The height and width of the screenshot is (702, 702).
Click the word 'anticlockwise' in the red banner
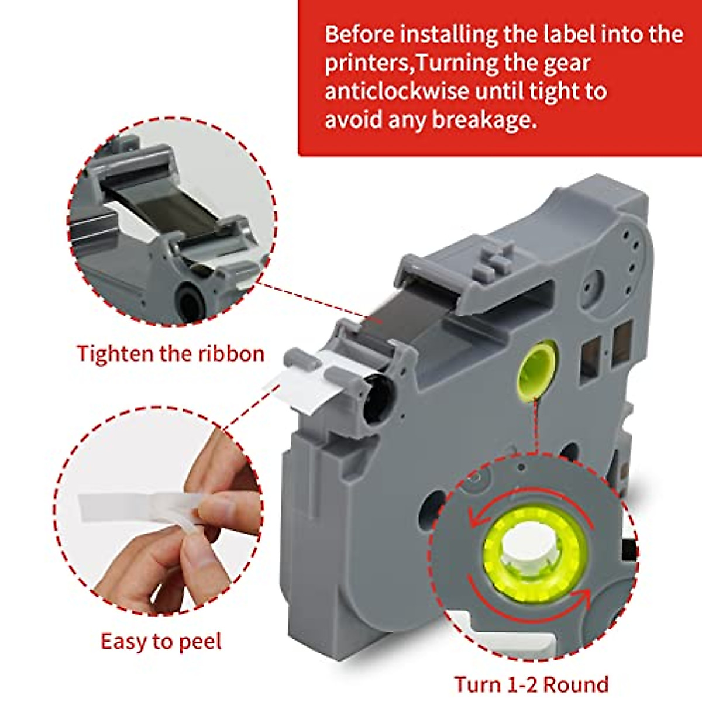(x=395, y=92)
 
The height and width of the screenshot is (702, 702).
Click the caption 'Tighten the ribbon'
(x=171, y=354)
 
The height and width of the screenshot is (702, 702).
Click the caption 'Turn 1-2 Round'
(x=531, y=684)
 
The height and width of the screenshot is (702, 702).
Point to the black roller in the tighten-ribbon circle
(x=190, y=301)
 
